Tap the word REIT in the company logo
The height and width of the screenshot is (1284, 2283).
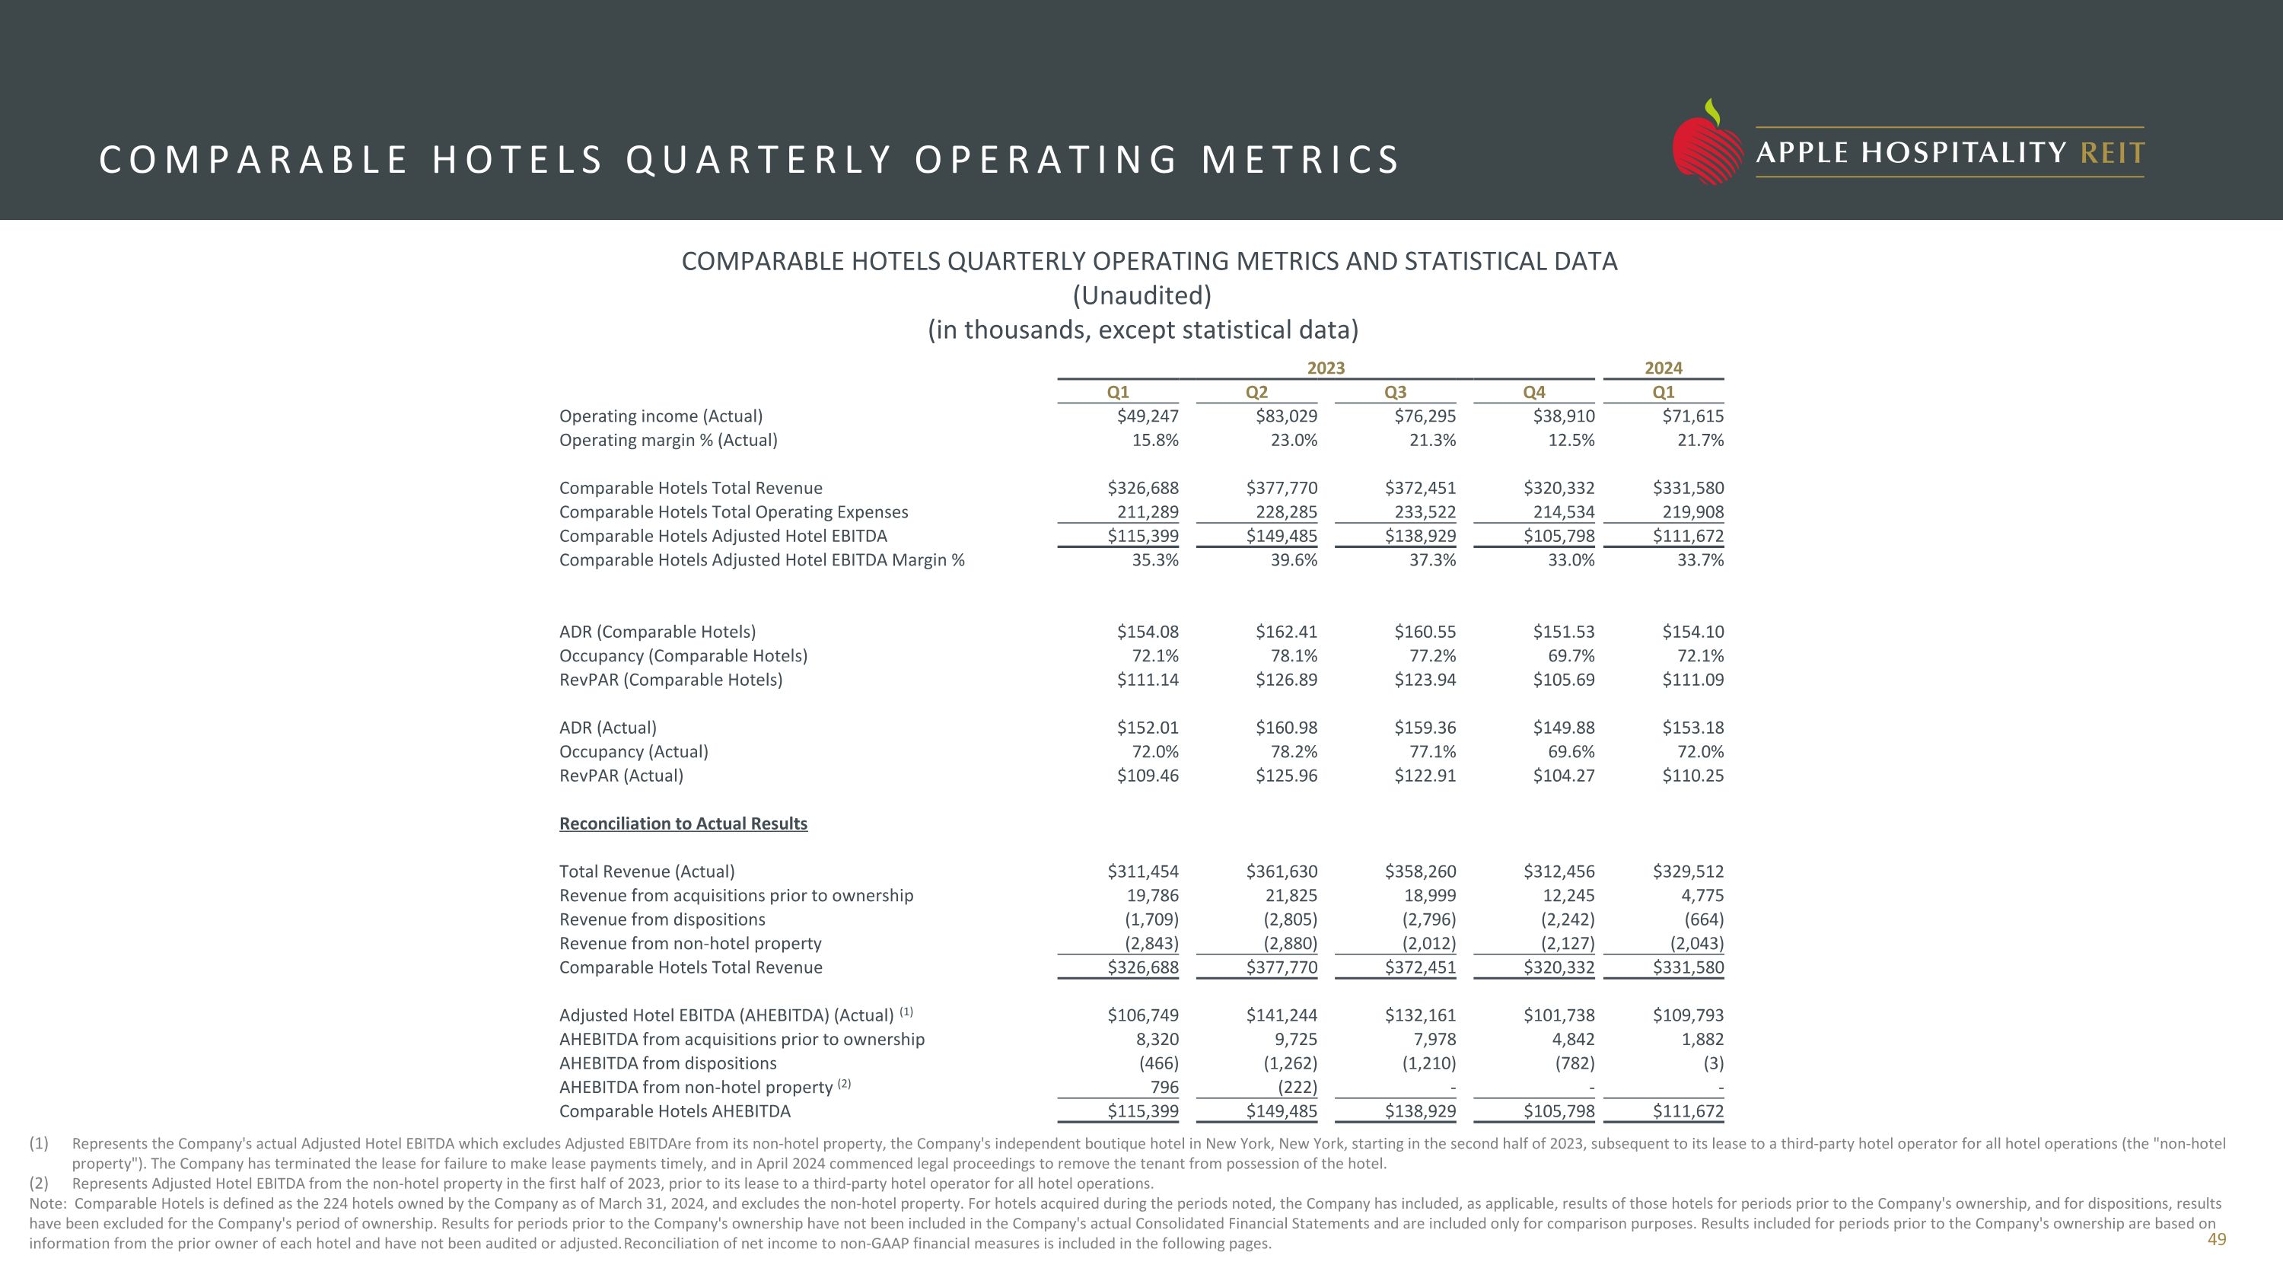click(2112, 153)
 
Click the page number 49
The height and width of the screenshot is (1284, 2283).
click(2215, 1239)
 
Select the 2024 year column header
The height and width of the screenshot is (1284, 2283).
click(1663, 368)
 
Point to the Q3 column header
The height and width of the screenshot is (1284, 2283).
click(1395, 392)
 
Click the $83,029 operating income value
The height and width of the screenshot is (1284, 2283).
click(1286, 416)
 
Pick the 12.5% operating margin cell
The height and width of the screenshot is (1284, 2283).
click(1571, 439)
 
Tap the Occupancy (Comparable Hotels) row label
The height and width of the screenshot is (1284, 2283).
click(683, 656)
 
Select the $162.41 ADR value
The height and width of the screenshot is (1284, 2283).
click(1286, 632)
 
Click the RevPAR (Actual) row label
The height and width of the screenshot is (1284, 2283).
click(620, 776)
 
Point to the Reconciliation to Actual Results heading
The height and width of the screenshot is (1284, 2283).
click(683, 824)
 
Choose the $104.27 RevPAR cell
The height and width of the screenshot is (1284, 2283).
click(1563, 776)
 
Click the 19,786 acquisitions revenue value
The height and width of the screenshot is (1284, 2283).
click(1152, 895)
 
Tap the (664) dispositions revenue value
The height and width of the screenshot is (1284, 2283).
click(1703, 919)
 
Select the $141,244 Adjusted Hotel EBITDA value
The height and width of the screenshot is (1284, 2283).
click(1282, 1015)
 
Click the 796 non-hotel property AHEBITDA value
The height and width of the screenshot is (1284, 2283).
click(1164, 1086)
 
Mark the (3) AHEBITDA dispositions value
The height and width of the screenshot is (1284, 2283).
click(1712, 1063)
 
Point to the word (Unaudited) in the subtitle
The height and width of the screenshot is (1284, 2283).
click(1141, 295)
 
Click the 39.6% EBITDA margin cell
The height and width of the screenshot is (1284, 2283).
click(1293, 560)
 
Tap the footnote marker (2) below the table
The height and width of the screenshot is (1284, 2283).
click(39, 1183)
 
